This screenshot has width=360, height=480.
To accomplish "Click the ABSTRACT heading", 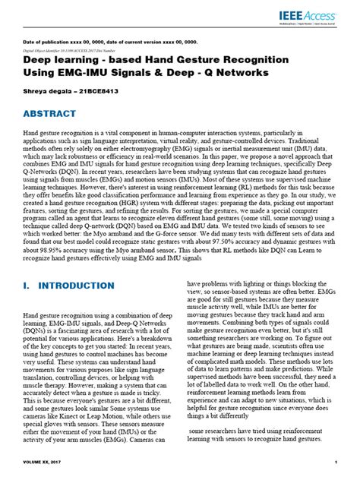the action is click(x=49, y=113).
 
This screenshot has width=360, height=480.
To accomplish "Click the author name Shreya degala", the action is click(x=47, y=90).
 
